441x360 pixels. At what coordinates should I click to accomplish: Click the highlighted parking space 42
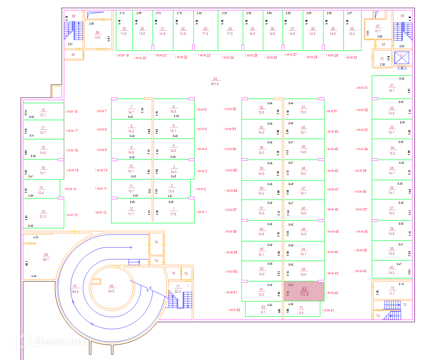pyautogui.click(x=304, y=291)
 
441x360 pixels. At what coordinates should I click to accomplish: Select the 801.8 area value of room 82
pyautogui.click(x=215, y=84)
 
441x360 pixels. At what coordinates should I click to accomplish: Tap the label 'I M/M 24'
pyautogui.click(x=227, y=57)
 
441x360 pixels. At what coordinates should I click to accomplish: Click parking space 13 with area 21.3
pyautogui.click(x=43, y=214)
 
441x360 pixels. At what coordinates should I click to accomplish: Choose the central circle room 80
pyautogui.click(x=112, y=289)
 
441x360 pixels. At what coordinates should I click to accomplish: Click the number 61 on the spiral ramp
pyautogui.click(x=74, y=286)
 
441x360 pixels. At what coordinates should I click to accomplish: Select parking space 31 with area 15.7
pyautogui.click(x=391, y=88)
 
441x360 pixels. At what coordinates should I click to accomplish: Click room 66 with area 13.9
pyautogui.click(x=97, y=35)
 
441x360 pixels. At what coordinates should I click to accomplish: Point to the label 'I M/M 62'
pyautogui.click(x=234, y=310)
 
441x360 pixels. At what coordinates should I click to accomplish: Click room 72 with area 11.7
pyautogui.click(x=392, y=291)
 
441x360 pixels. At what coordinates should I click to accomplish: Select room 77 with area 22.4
pyautogui.click(x=178, y=289)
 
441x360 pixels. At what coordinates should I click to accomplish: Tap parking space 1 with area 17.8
pyautogui.click(x=173, y=211)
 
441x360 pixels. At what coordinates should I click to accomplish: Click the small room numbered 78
pyautogui.click(x=156, y=242)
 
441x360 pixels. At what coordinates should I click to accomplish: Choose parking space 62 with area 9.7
pyautogui.click(x=263, y=309)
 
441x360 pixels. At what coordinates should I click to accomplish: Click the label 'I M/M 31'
pyautogui.click(x=361, y=88)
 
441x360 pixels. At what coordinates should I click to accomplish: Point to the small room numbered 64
pyautogui.click(x=73, y=54)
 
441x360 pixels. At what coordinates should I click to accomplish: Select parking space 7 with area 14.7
pyautogui.click(x=131, y=110)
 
